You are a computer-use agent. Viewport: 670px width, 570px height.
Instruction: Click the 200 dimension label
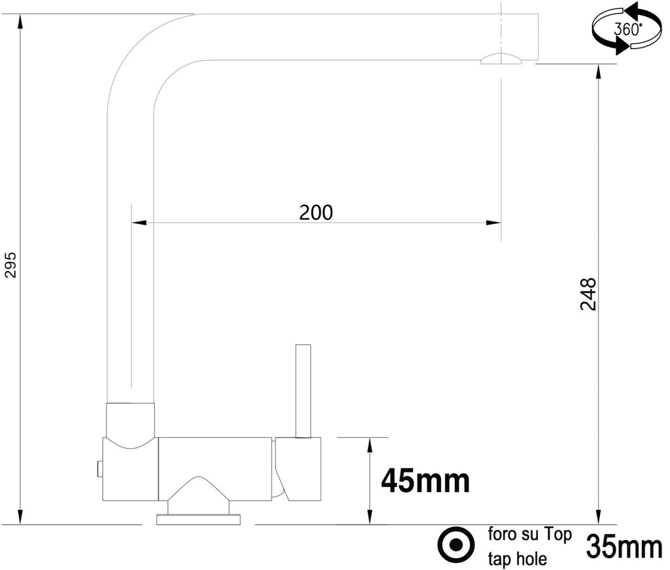point(316,212)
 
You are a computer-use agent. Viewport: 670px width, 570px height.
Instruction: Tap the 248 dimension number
point(589,294)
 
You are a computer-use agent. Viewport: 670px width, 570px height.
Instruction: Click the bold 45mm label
point(425,482)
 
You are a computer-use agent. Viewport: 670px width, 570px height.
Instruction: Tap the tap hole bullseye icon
point(456,544)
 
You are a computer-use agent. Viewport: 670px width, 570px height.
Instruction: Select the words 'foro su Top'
point(529,535)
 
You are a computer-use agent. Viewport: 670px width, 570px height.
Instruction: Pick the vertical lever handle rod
point(302,390)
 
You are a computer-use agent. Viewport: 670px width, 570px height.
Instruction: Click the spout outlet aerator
point(501,60)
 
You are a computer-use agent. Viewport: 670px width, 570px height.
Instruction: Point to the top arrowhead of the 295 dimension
point(21,20)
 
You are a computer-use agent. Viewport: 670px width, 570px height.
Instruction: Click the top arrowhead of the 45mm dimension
point(370,444)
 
